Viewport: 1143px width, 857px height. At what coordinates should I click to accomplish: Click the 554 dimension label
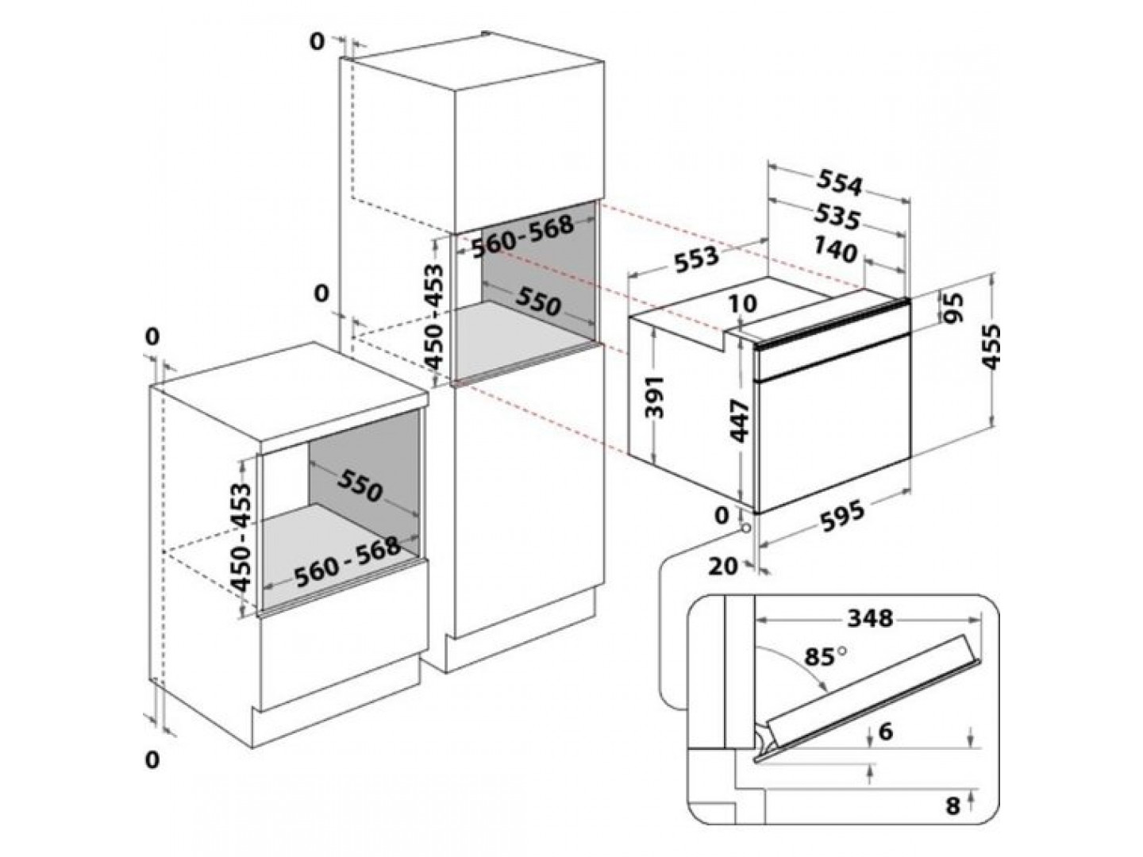(839, 183)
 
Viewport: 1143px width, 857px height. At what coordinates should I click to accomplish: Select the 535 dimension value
(837, 216)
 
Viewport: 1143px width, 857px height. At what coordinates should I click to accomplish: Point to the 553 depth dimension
(696, 259)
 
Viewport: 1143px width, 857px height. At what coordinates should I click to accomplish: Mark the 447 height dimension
(739, 421)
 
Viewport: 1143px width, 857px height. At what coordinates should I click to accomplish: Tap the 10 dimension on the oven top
(743, 305)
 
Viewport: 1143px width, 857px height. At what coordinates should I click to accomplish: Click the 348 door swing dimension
(870, 618)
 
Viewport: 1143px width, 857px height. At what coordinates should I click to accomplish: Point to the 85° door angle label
(825, 657)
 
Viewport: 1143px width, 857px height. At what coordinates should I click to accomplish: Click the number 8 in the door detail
(952, 806)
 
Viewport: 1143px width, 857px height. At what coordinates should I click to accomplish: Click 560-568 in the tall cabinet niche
(522, 236)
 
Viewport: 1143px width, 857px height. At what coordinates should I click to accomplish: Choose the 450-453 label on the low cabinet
(241, 536)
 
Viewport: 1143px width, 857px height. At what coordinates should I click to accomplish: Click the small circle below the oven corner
(747, 528)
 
